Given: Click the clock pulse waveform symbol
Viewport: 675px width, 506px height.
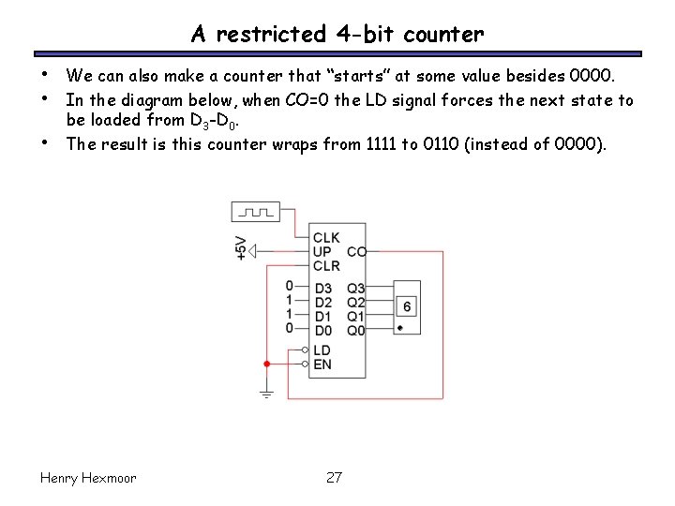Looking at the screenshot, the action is (x=255, y=212).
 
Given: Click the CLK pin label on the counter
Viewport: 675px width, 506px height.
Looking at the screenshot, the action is (x=326, y=238).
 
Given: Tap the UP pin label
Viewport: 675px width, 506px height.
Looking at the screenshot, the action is (x=322, y=252).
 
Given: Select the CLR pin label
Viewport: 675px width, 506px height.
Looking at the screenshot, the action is (x=326, y=266).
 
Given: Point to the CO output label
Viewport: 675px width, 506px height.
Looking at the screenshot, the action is (x=356, y=252).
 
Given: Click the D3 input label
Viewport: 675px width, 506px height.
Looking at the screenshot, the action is (x=322, y=289).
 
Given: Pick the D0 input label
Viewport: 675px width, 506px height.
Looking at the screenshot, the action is (x=322, y=330).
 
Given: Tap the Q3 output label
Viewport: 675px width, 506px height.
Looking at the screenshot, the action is (x=355, y=289).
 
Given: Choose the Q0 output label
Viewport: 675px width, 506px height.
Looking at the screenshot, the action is (x=355, y=330).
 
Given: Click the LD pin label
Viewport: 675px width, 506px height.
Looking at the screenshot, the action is (x=322, y=350).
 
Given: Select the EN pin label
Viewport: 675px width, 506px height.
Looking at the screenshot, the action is (x=322, y=364).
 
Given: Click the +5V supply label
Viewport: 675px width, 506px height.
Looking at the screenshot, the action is (x=241, y=248).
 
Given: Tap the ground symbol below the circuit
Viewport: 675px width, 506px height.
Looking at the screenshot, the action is (x=267, y=394).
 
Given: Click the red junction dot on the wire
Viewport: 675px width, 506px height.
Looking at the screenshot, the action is (x=267, y=364).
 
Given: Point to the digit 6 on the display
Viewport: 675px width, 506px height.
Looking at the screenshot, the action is (x=406, y=306).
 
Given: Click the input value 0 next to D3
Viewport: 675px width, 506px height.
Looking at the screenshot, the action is (x=290, y=286).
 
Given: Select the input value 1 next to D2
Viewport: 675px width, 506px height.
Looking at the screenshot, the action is (x=290, y=300).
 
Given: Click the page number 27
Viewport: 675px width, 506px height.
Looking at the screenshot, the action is (x=334, y=478).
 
